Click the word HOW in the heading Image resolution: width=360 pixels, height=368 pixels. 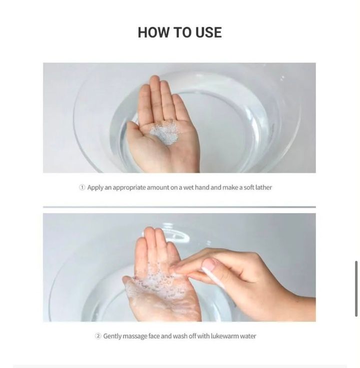[153, 32]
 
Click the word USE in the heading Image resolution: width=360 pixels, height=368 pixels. [208, 32]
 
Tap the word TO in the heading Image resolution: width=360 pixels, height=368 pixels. [181, 32]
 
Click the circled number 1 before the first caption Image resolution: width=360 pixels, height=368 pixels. [82, 188]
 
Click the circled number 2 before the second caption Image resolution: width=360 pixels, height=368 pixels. [98, 336]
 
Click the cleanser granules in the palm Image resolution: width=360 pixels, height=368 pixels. [165, 132]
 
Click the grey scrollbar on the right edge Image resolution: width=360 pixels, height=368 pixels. [356, 289]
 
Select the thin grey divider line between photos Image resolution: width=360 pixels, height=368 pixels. [179, 207]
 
